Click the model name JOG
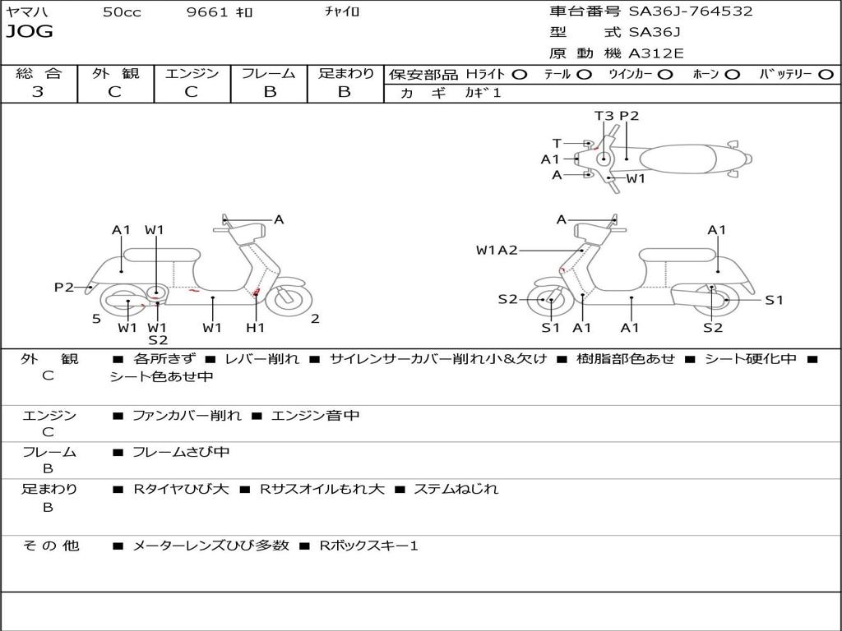30,32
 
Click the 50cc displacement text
122,12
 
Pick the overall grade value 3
38,92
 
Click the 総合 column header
38,74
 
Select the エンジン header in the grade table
192,74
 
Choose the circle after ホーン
732,75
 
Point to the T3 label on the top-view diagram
604,116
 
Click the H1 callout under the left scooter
256,328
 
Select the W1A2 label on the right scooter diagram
497,250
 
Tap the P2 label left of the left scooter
64,287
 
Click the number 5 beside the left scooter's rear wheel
96,319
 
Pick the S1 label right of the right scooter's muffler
774,300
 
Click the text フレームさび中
181,452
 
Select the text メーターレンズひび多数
210,546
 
